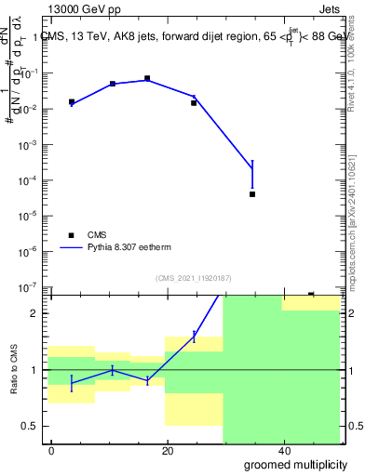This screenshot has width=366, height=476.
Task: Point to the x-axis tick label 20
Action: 167,451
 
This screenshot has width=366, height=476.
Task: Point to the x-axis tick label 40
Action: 282,451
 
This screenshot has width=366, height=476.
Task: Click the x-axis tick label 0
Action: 51,451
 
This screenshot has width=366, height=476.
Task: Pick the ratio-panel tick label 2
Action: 39,313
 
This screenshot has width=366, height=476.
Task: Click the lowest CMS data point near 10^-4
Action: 252,194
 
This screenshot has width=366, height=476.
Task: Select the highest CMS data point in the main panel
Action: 147,79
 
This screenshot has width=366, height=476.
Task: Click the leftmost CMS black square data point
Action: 72,102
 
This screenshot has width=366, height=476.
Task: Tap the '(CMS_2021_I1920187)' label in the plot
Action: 193,277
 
